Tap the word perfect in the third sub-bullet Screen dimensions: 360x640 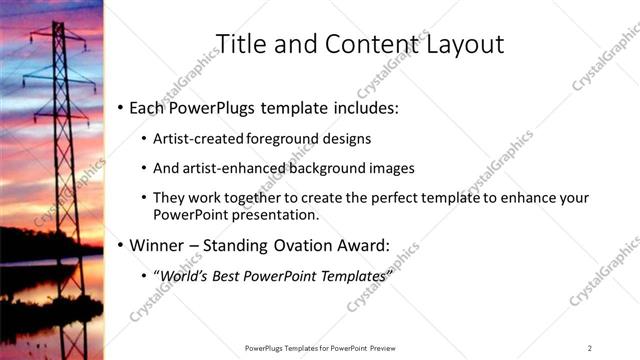370,198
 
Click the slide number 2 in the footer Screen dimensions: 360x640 589,347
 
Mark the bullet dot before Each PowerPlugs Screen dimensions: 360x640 120,107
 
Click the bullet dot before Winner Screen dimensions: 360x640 120,244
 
